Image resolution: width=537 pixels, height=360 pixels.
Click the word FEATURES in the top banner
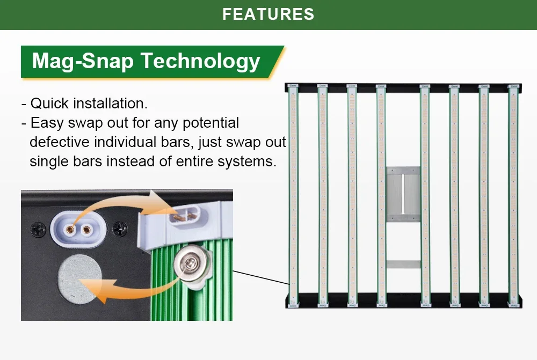pyautogui.click(x=268, y=14)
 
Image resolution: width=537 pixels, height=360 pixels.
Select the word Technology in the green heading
pyautogui.click(x=201, y=61)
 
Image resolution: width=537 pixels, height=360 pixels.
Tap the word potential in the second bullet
pyautogui.click(x=211, y=123)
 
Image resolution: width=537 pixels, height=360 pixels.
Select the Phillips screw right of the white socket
pyautogui.click(x=119, y=230)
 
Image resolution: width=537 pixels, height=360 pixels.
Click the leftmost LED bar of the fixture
pyautogui.click(x=293, y=193)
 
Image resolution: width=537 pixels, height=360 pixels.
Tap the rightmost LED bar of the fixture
pyautogui.click(x=513, y=193)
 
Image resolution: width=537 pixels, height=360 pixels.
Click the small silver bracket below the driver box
pyautogui.click(x=403, y=265)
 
